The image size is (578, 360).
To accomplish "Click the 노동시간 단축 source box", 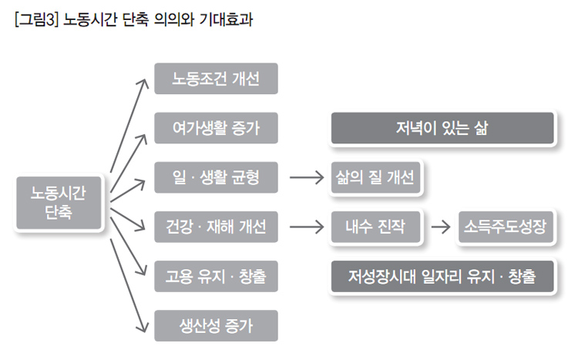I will (x=59, y=203).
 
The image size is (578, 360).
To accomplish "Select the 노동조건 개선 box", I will (x=215, y=79).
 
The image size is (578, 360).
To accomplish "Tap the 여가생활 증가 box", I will (x=215, y=128).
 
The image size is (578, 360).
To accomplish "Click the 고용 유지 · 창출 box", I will (x=215, y=276).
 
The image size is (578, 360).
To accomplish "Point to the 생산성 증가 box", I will (x=215, y=325).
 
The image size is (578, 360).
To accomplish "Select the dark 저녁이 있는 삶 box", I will (x=442, y=129).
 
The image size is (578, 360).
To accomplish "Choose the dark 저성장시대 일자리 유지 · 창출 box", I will (x=442, y=276).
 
